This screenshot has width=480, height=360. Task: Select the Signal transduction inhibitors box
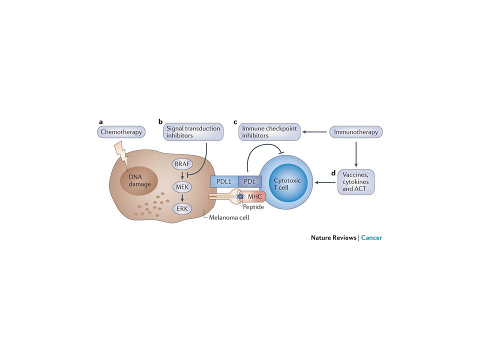(x=192, y=132)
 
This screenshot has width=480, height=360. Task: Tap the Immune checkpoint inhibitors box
(x=269, y=132)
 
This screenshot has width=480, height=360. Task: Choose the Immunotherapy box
(x=356, y=132)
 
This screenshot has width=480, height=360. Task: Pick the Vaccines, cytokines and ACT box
(x=356, y=182)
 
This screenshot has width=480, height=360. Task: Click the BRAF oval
(x=181, y=163)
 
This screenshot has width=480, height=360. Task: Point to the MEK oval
(x=181, y=186)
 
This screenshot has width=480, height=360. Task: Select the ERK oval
(x=181, y=209)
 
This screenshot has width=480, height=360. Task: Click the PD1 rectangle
(x=249, y=181)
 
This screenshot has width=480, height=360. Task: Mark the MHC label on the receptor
(x=255, y=196)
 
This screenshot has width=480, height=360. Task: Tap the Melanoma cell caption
(x=229, y=217)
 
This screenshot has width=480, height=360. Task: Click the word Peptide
(x=253, y=207)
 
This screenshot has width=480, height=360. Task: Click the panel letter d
(x=333, y=173)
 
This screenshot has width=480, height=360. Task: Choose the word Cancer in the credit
(x=371, y=237)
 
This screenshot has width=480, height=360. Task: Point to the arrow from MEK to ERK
(x=181, y=198)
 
